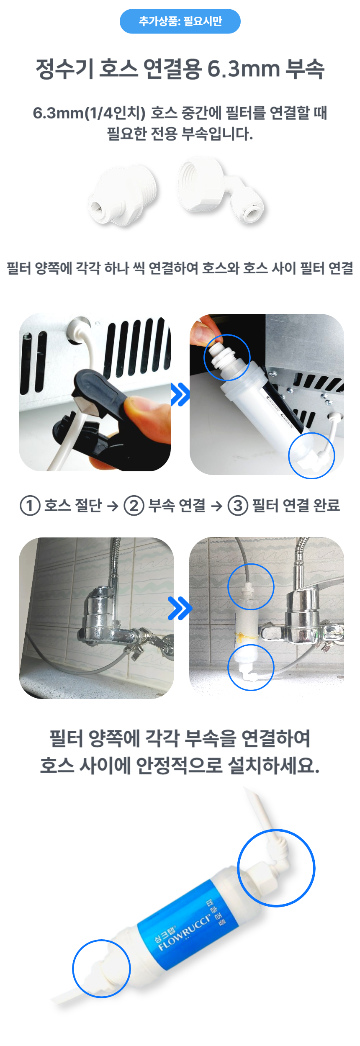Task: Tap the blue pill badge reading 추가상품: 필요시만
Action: (180, 21)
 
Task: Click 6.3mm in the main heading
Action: (243, 69)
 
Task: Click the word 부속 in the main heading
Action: (304, 69)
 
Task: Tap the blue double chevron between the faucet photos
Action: (180, 608)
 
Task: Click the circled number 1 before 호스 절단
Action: (30, 506)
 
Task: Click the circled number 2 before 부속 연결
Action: (134, 506)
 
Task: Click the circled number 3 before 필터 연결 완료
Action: (237, 506)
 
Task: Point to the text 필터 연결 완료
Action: (296, 506)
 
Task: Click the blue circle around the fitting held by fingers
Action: (227, 357)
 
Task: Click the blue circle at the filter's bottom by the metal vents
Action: (311, 455)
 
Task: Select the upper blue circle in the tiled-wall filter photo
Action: (250, 586)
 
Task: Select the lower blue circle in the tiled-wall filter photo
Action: (250, 667)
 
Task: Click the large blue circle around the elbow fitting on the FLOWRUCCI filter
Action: (276, 868)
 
